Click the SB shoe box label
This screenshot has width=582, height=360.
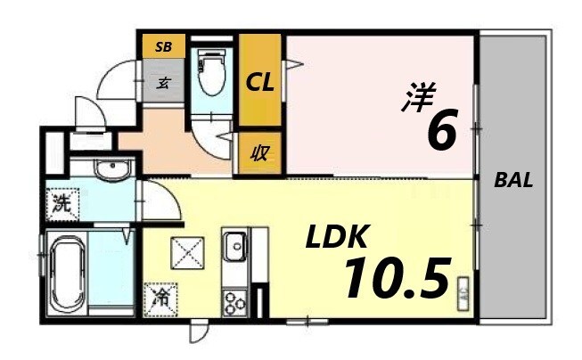[x=165, y=45]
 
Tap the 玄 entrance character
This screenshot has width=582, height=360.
[x=165, y=85]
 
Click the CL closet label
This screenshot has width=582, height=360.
[x=260, y=83]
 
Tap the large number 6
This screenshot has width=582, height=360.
[x=443, y=132]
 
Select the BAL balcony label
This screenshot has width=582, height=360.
[x=514, y=180]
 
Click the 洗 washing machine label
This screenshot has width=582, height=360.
[x=61, y=202]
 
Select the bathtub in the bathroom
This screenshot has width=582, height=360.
[x=65, y=274]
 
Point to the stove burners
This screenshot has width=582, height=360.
[x=234, y=302]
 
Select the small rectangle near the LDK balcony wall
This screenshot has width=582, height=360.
[x=463, y=291]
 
